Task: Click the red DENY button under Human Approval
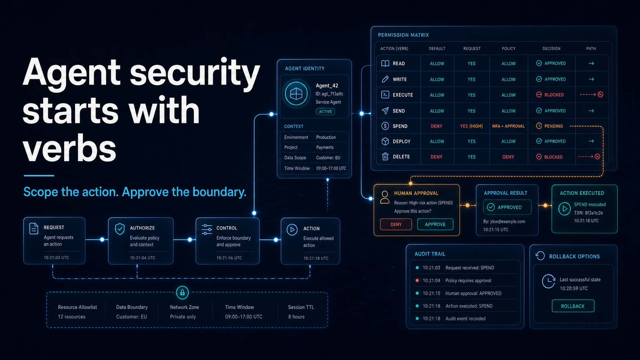click(396, 225)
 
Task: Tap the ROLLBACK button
click(573, 306)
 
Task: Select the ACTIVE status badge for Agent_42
click(325, 112)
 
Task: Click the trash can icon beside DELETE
click(385, 156)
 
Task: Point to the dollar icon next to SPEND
click(385, 126)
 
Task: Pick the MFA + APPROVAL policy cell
click(508, 126)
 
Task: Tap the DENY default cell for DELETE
click(436, 157)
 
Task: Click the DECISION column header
click(552, 49)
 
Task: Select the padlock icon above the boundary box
click(182, 293)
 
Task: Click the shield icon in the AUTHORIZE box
click(120, 229)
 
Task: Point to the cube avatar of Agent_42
click(296, 94)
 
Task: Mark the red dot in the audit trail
click(417, 280)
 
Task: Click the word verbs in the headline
click(69, 149)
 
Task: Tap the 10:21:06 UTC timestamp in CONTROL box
click(229, 258)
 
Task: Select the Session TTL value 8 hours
click(296, 317)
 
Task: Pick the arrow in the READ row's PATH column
click(591, 64)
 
